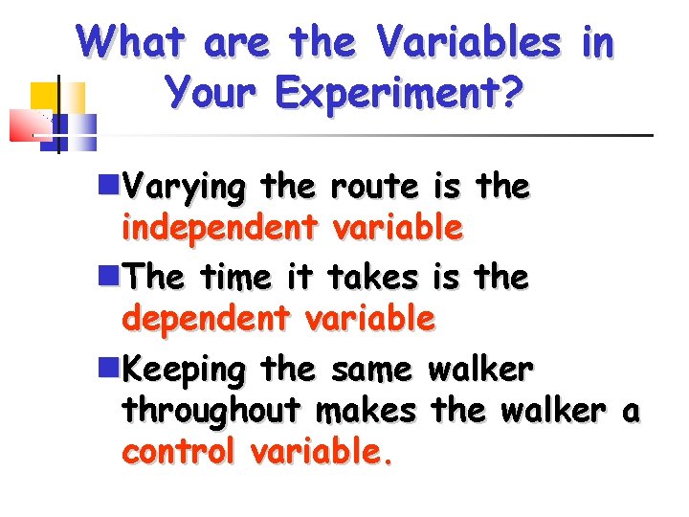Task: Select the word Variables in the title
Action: coord(468,42)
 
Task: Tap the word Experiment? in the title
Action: coord(398,93)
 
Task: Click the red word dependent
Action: coord(205,318)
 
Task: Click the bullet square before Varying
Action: coord(108,184)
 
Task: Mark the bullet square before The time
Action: coord(108,275)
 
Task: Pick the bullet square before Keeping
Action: coord(108,366)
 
